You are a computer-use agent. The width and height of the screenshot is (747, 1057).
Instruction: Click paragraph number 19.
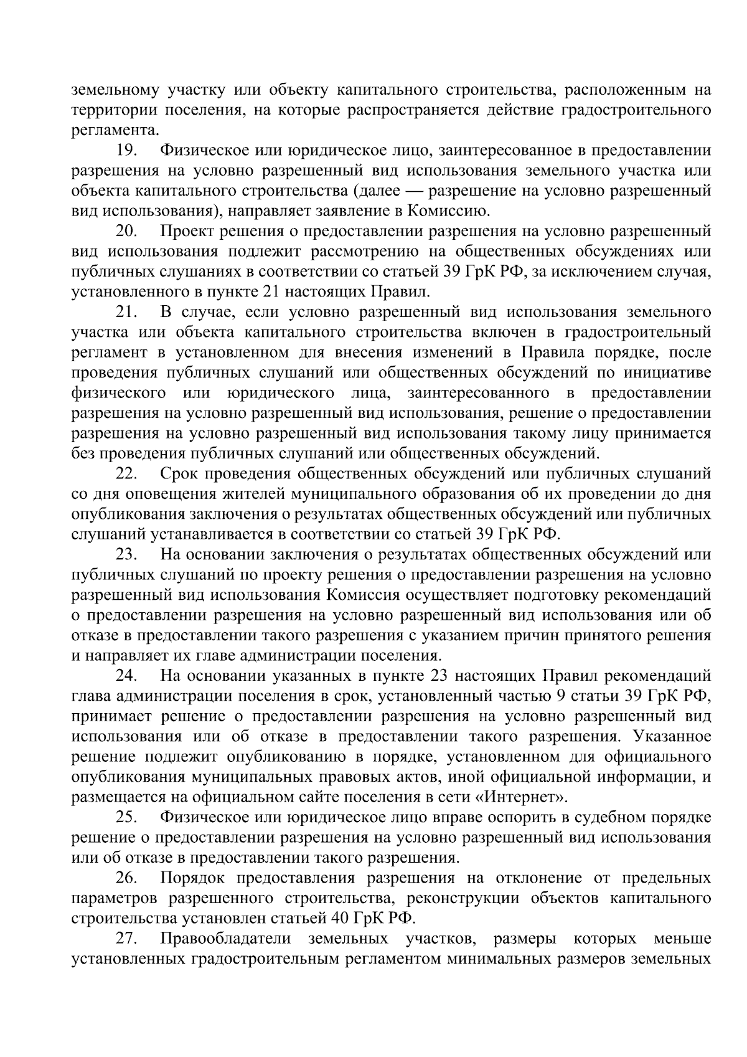click(126, 150)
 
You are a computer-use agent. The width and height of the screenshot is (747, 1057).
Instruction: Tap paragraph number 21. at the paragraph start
click(126, 312)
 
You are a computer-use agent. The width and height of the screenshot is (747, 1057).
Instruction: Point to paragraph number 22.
click(126, 474)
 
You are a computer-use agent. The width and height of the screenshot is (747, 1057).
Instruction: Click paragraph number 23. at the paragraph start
click(126, 554)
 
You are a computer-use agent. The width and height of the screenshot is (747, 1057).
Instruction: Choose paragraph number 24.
click(126, 676)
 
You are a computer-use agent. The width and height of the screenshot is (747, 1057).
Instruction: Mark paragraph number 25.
click(126, 817)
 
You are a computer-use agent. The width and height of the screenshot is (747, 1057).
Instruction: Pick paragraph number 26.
click(126, 878)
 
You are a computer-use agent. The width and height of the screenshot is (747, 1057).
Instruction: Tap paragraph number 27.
click(126, 939)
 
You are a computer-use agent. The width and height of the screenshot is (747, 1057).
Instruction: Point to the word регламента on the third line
click(112, 130)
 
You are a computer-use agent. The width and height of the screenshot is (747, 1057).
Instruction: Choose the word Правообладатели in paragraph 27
click(228, 939)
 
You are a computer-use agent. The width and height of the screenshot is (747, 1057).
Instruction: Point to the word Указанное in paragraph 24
click(672, 736)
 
